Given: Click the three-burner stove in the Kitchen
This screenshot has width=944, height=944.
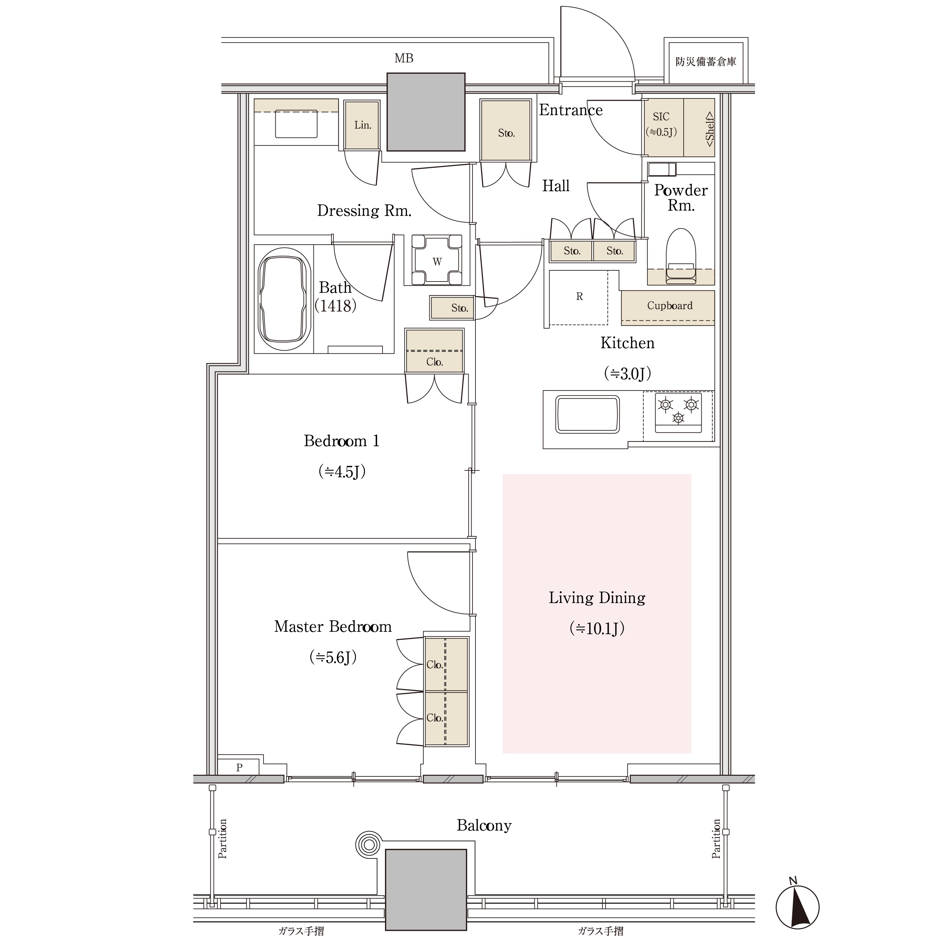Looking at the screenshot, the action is pos(678,413).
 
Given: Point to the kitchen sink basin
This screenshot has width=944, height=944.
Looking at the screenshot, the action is pos(588,414).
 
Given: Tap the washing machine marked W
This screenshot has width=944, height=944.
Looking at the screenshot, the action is pos(437,260).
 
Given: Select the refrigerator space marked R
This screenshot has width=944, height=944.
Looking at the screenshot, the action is pos(579,298).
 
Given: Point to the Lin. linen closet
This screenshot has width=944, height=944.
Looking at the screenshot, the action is pos(362,125).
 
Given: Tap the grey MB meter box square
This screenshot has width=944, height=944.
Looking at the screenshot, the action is pos(426,112).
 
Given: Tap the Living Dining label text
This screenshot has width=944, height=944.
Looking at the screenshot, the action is pos(597,598).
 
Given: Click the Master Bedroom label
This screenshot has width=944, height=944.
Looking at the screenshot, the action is pos(333,626).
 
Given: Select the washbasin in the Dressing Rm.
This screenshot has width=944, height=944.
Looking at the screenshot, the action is pos(296,124).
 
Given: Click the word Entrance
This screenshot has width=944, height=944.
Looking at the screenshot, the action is pos(571,110).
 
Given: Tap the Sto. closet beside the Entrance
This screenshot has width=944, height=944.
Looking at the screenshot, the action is pos(506,130).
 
